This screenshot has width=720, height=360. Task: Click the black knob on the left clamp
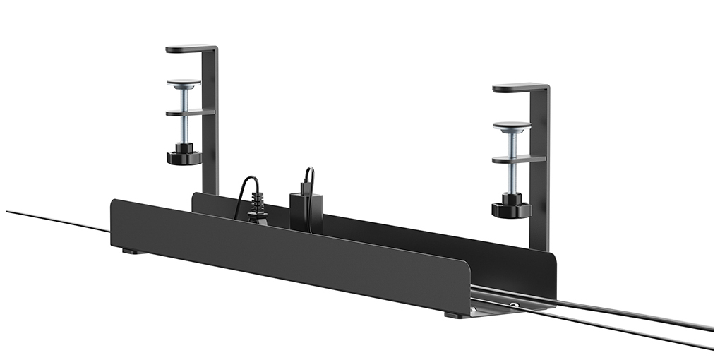tap(184, 155)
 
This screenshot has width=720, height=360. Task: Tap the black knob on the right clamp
tap(510, 208)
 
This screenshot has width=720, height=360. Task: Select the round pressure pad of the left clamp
tap(184, 83)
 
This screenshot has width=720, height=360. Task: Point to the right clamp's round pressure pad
tap(512, 126)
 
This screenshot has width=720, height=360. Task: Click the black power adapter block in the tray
tap(306, 210)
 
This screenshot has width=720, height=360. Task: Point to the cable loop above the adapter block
tap(309, 176)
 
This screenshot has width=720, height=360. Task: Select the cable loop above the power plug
tap(246, 185)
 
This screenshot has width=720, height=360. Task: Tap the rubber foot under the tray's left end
tap(130, 251)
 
